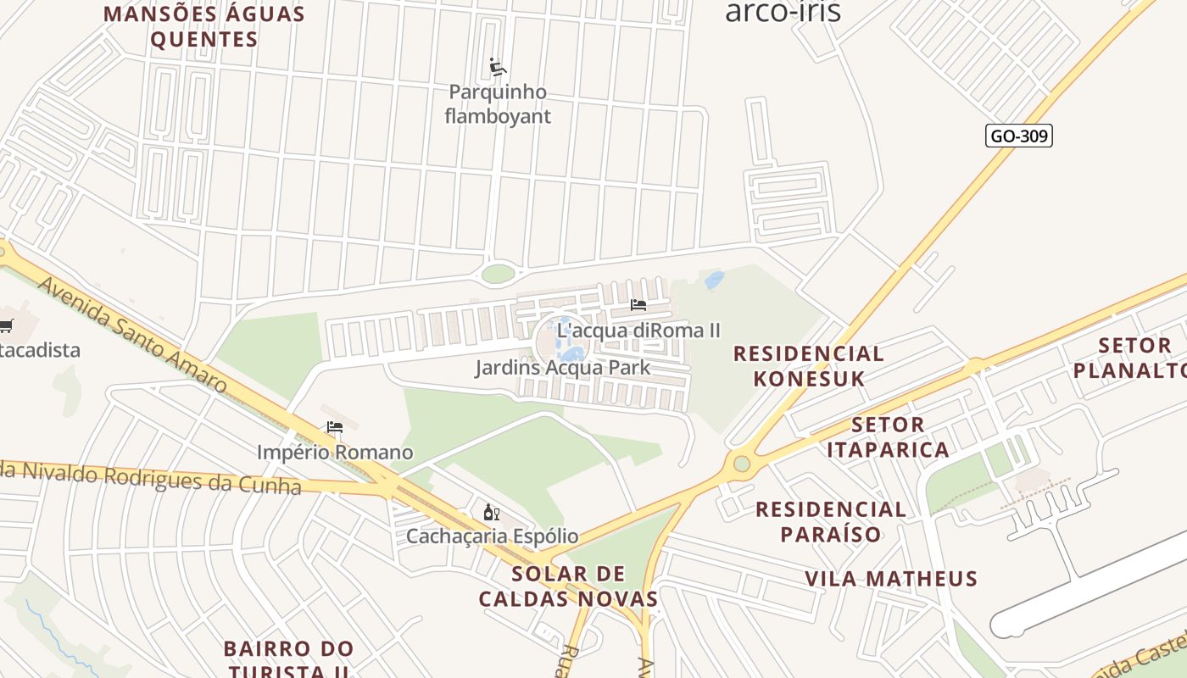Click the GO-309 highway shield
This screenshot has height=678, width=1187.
click(x=1018, y=136)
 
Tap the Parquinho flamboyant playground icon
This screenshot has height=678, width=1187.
click(x=498, y=67)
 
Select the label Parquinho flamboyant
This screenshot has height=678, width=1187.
click(x=498, y=104)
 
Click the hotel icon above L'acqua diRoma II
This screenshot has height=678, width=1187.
click(x=638, y=305)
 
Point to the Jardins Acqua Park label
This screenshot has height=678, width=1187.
click(x=562, y=368)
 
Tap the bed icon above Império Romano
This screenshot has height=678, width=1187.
click(x=335, y=427)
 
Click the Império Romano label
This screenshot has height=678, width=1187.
click(x=335, y=453)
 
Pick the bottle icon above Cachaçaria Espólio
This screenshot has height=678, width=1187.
click(x=491, y=512)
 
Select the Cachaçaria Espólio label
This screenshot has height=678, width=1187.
click(x=492, y=536)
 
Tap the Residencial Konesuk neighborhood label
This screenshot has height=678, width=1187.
click(x=808, y=366)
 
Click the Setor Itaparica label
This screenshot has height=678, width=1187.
click(x=888, y=437)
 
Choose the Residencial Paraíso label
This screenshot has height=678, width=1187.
click(x=830, y=521)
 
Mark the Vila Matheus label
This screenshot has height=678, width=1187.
click(x=891, y=580)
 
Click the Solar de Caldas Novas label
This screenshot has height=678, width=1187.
click(x=568, y=586)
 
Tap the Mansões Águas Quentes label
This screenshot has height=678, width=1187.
click(x=203, y=27)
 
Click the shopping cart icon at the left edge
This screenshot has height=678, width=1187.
click(x=6, y=325)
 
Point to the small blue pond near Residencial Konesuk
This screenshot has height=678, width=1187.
click(x=715, y=279)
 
